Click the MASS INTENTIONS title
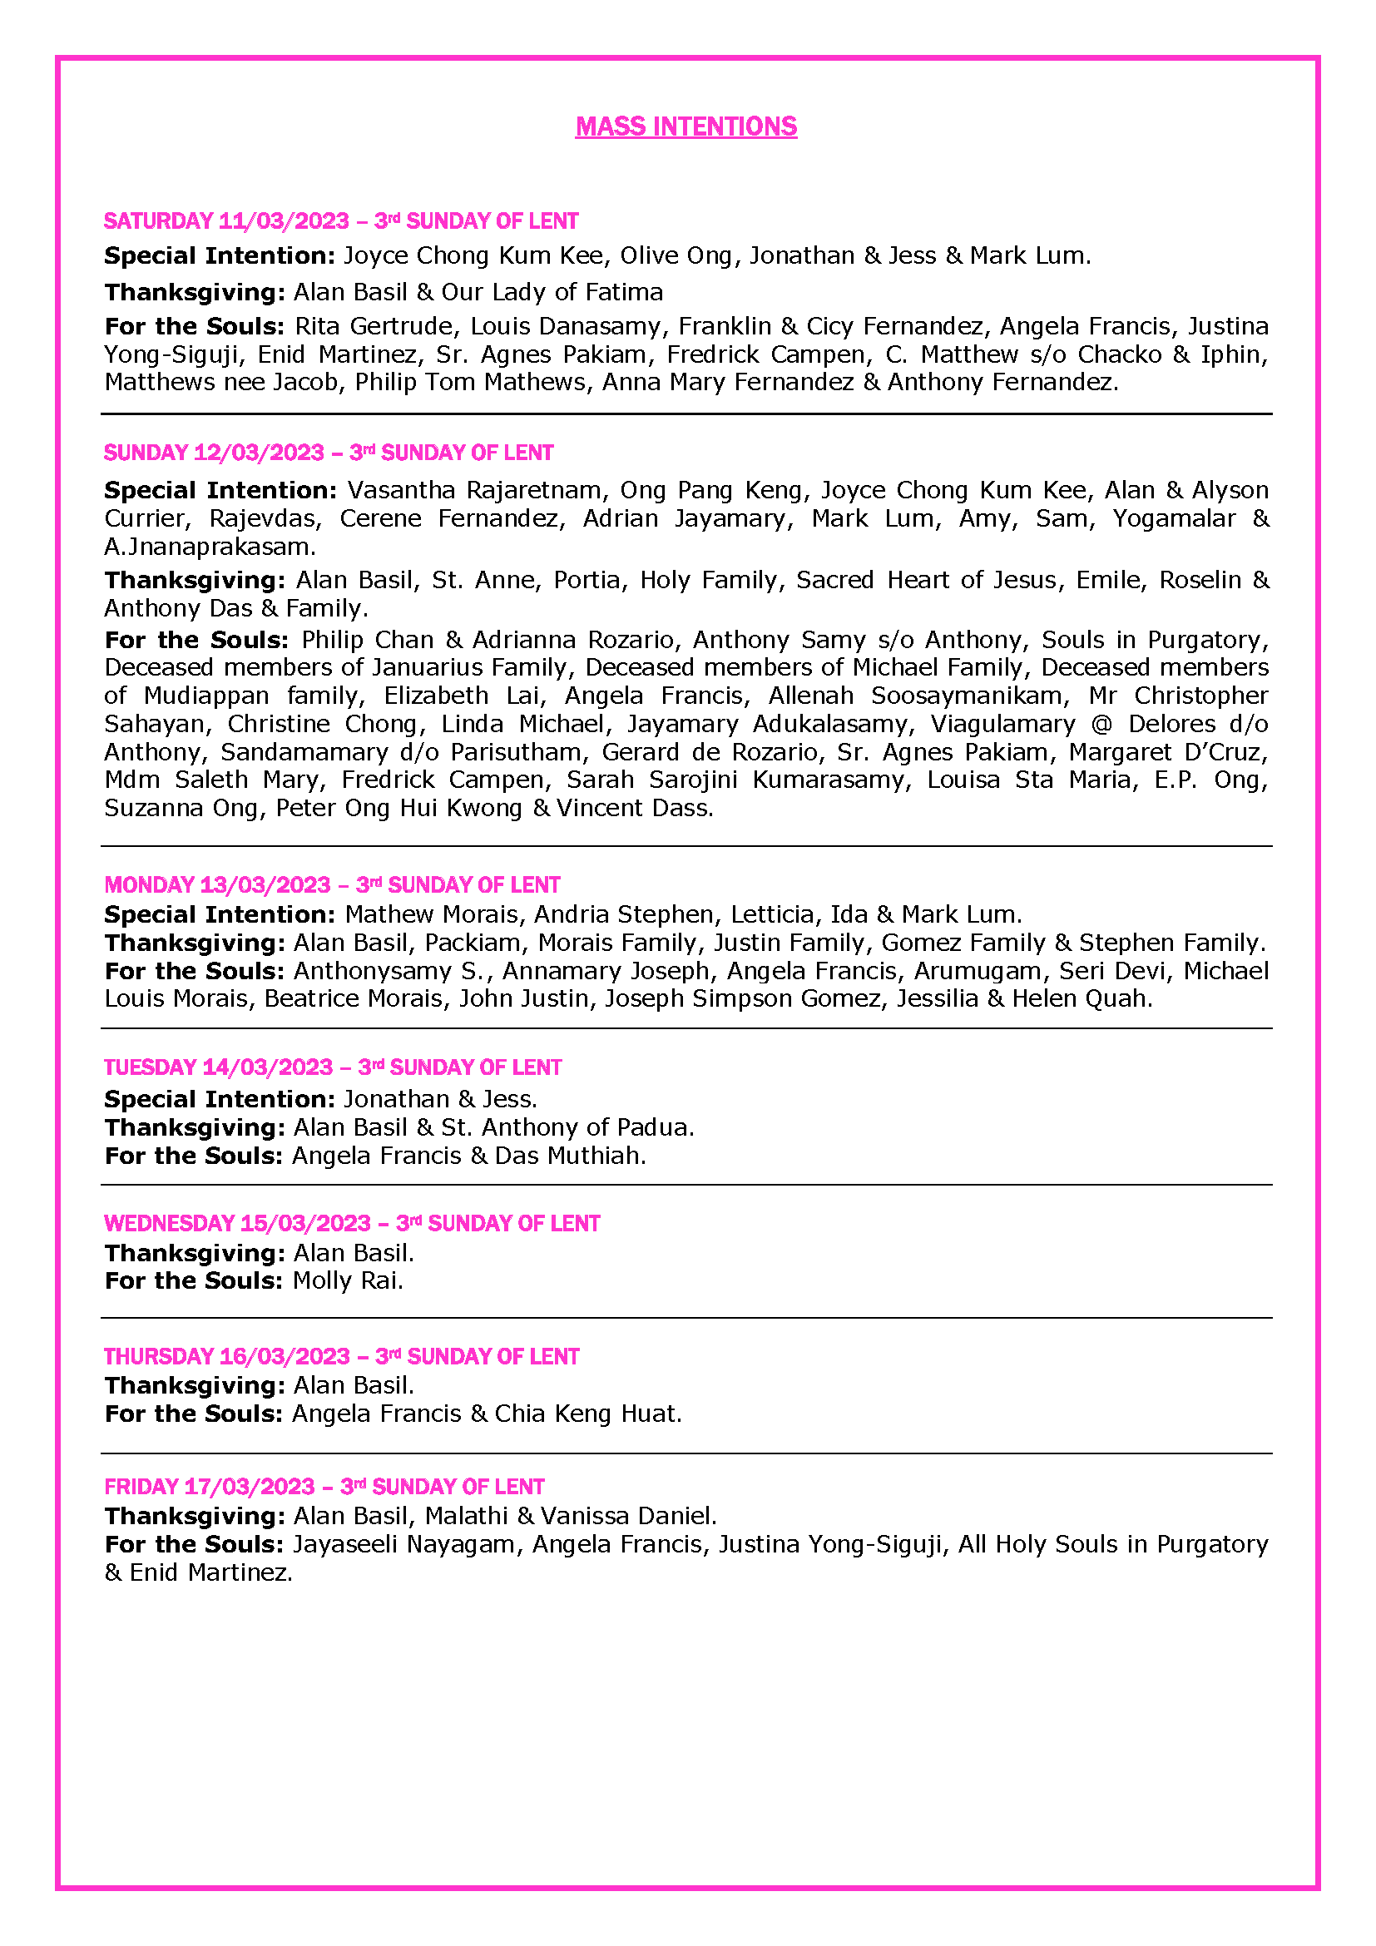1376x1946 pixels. tap(686, 126)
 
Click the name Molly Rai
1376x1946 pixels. tap(348, 1280)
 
